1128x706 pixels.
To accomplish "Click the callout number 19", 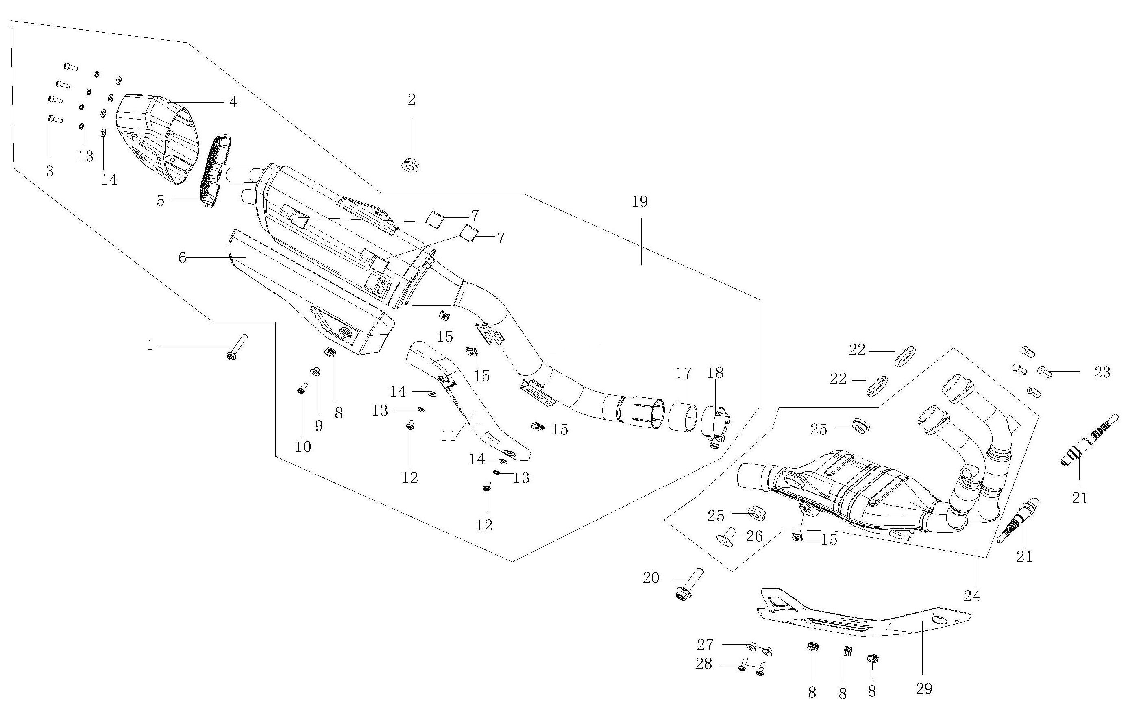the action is coord(640,202).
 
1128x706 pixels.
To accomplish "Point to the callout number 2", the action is coord(412,100).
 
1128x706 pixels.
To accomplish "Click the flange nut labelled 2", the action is coord(410,165).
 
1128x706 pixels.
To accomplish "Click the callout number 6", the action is coord(182,257).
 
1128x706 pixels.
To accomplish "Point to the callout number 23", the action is coord(1102,372).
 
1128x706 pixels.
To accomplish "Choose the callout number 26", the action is coord(754,536).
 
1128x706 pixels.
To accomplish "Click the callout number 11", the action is coord(449,436).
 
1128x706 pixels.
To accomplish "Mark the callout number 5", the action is coord(160,201).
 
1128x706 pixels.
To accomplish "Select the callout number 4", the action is coord(233,102).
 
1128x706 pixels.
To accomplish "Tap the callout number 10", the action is coord(303,447).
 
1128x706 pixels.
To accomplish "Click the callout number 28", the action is coord(704,664).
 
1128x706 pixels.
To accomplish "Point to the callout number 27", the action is coord(705,645).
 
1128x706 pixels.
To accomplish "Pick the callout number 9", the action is coord(319,426).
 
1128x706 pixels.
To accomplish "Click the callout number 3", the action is coord(50,171).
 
